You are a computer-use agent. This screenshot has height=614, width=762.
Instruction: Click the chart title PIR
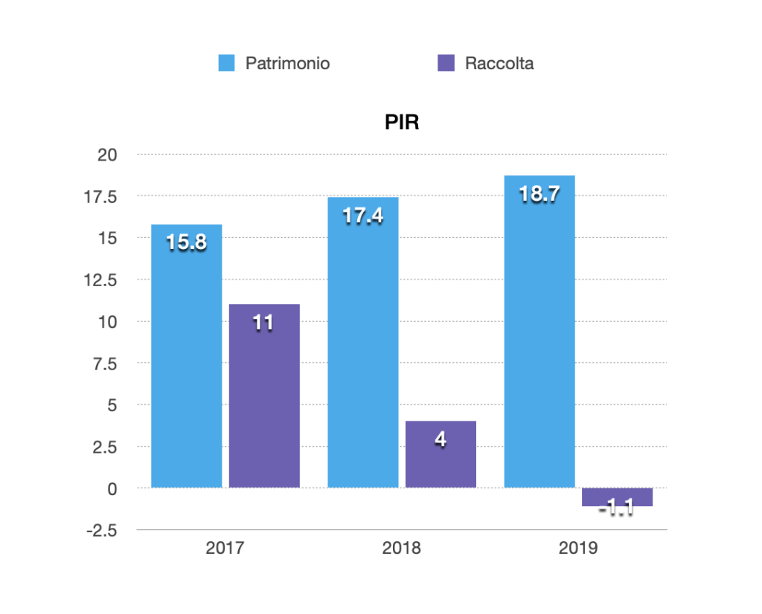(402, 123)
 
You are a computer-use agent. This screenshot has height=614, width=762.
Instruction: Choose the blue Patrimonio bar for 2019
(540, 342)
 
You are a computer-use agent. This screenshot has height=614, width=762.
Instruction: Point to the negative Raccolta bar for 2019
(617, 497)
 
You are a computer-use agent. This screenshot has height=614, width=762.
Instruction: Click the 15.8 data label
(186, 242)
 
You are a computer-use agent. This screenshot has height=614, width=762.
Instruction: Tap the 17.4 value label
(363, 216)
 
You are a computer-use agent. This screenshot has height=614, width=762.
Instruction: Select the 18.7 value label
(540, 195)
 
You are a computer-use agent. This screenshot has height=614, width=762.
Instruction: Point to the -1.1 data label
(616, 509)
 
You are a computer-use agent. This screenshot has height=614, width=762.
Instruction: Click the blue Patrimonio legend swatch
(226, 63)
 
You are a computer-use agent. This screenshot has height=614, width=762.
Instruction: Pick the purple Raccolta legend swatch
(446, 63)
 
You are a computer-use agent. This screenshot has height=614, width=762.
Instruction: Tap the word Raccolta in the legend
(499, 63)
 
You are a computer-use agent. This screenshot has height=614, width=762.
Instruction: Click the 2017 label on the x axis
(225, 549)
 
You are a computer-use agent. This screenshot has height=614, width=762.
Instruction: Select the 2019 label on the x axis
(578, 549)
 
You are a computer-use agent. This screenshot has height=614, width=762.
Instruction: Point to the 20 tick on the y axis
(109, 155)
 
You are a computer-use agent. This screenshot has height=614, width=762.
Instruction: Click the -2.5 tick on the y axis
(102, 531)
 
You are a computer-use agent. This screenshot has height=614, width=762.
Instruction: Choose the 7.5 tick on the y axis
(106, 363)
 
